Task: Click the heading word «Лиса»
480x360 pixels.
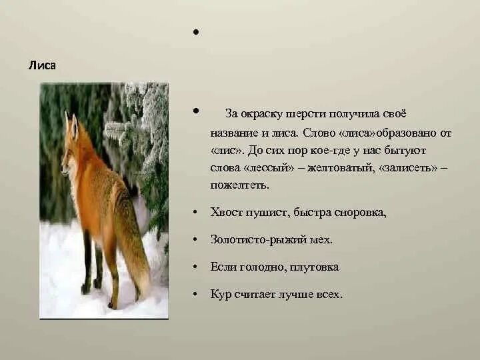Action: (x=42, y=65)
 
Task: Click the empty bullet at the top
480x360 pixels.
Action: (x=196, y=32)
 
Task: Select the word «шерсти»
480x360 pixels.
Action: (x=306, y=114)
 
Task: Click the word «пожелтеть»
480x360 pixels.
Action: (x=240, y=185)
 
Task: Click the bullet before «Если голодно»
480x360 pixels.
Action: (x=195, y=267)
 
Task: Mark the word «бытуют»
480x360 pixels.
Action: (x=405, y=151)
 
